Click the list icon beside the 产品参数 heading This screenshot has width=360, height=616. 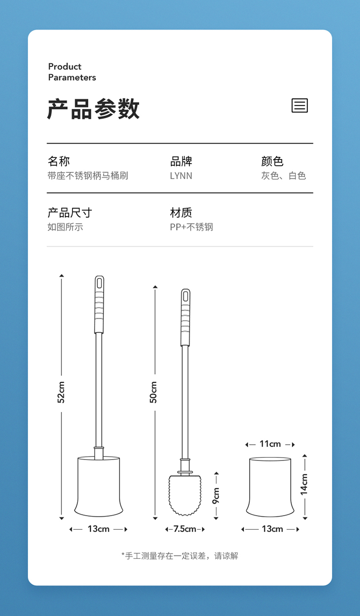300,105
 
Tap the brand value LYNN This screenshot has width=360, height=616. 181,176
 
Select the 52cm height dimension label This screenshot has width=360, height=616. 61,392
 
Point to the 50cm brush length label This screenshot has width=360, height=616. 154,392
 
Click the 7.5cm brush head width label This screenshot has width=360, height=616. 185,529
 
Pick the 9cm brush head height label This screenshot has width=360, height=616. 216,495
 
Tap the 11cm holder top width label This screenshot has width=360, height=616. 270,444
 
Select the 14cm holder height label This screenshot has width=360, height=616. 304,484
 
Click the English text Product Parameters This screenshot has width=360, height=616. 72,72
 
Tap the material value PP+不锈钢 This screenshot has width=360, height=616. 192,227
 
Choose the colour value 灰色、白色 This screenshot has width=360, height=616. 284,175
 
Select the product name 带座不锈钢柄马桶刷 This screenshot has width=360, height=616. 88,175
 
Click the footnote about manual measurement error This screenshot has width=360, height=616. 180,556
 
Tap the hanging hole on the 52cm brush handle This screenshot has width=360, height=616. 99,283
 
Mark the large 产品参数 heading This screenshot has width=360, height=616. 93,109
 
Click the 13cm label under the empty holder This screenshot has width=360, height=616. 272,529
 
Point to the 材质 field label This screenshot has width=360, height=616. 181,213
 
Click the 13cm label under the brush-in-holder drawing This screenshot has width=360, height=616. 98,529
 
